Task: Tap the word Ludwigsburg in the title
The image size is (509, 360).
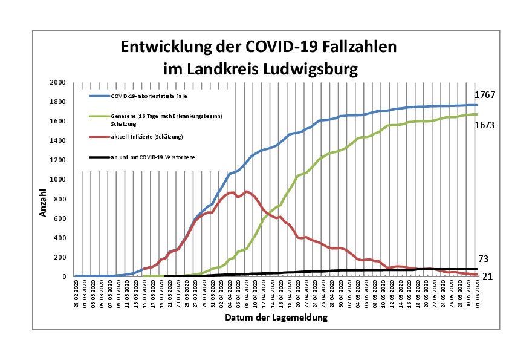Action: click(308, 69)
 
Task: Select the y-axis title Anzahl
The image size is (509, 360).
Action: click(44, 203)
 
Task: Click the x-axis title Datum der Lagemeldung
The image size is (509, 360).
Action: click(276, 317)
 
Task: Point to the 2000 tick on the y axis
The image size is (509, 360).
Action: click(57, 83)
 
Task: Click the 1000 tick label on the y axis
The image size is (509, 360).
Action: click(57, 180)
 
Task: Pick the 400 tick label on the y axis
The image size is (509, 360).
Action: click(59, 238)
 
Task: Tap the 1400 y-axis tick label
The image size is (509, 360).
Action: click(57, 141)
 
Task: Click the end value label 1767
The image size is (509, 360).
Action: click(485, 96)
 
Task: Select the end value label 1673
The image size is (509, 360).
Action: click(485, 126)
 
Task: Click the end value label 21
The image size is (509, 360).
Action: click(487, 277)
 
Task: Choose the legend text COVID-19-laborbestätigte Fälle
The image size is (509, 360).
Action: click(145, 96)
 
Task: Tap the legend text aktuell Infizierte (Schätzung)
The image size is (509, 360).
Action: click(146, 137)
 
